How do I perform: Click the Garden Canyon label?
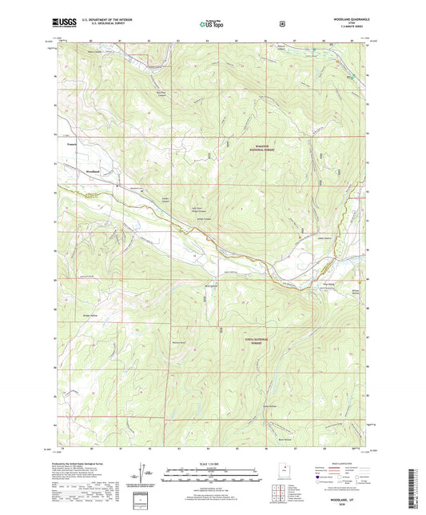coord(145,199)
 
